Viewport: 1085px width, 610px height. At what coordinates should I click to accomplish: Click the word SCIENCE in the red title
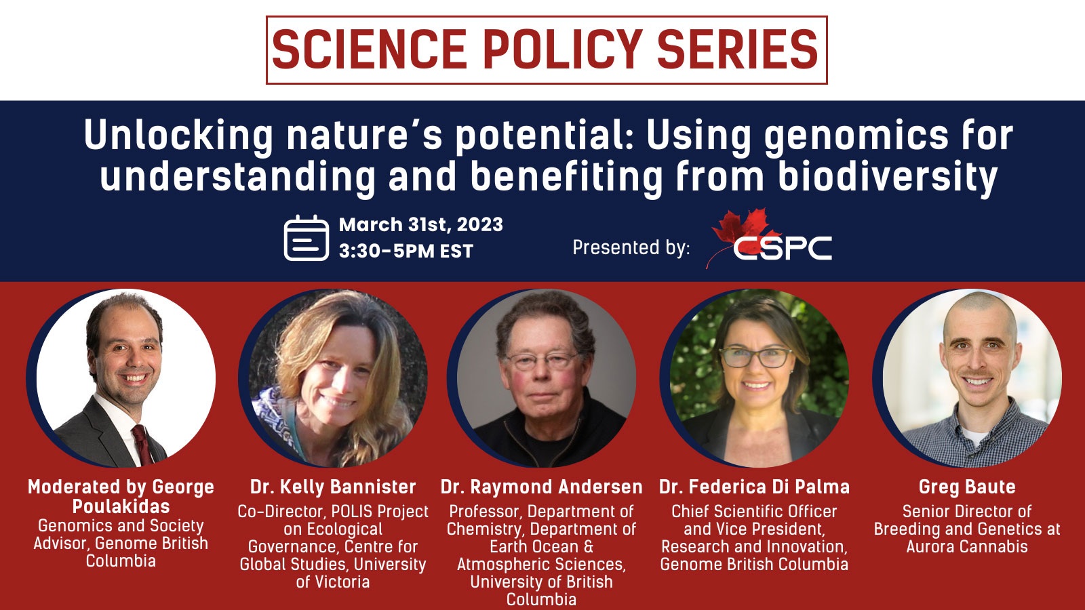[369, 49]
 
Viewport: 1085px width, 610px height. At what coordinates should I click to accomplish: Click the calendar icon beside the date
[306, 238]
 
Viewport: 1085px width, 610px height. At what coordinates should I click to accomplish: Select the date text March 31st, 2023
[421, 224]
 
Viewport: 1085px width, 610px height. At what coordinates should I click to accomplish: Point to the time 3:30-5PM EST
[406, 251]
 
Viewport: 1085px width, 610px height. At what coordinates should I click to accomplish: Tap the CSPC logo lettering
[783, 248]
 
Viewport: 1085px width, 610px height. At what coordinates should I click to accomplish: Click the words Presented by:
[631, 247]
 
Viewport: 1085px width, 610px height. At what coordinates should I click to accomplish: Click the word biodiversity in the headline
[888, 177]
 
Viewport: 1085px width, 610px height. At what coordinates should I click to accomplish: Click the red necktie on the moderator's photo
[143, 445]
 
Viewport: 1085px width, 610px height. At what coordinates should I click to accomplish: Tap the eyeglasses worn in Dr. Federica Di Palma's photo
[756, 358]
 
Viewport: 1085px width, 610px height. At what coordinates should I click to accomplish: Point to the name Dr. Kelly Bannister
[333, 487]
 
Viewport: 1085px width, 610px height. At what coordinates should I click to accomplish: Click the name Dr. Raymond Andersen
[542, 487]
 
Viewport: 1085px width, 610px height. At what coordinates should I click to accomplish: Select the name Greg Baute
[967, 487]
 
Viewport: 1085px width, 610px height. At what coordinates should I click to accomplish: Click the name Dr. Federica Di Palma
[754, 487]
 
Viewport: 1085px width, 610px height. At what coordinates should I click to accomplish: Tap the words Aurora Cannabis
[967, 546]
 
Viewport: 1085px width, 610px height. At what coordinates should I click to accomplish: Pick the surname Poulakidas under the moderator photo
[121, 507]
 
